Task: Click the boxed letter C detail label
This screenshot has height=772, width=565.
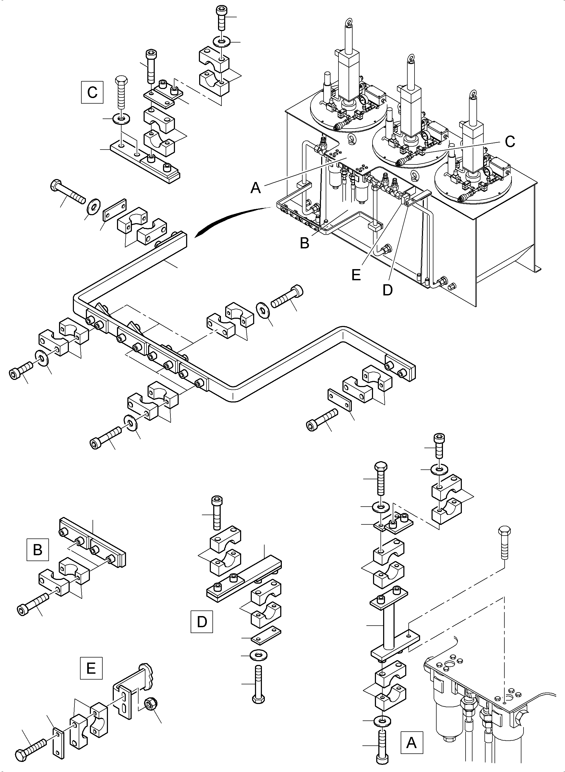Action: (x=92, y=92)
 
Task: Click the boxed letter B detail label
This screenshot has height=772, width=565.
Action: (x=37, y=550)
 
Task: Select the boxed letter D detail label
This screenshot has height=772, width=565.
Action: (x=202, y=621)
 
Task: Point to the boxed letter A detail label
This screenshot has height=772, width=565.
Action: (x=412, y=742)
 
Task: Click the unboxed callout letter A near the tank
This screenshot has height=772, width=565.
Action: (x=256, y=188)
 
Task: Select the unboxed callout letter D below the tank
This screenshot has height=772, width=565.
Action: (x=387, y=290)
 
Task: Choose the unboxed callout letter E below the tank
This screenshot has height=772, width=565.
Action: (x=356, y=275)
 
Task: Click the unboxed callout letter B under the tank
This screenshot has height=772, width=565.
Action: (x=304, y=243)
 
